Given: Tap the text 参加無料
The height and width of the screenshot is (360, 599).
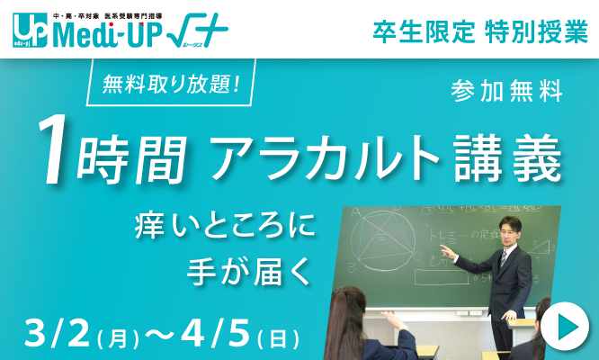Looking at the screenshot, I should click(x=507, y=91).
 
